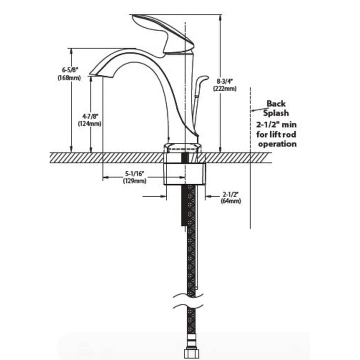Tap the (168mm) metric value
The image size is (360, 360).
pos(69,78)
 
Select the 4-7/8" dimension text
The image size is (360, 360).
pos(89,116)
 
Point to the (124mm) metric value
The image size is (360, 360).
pos(89,124)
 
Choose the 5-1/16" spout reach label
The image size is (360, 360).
pos(134,174)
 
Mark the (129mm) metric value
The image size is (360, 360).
pos(134,181)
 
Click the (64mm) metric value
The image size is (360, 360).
pos(231,202)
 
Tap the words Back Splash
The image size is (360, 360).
pos(277,108)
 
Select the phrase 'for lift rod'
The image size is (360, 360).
pos(277,134)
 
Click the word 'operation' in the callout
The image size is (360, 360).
pos(277,144)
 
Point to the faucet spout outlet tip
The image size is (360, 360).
pos(95,72)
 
